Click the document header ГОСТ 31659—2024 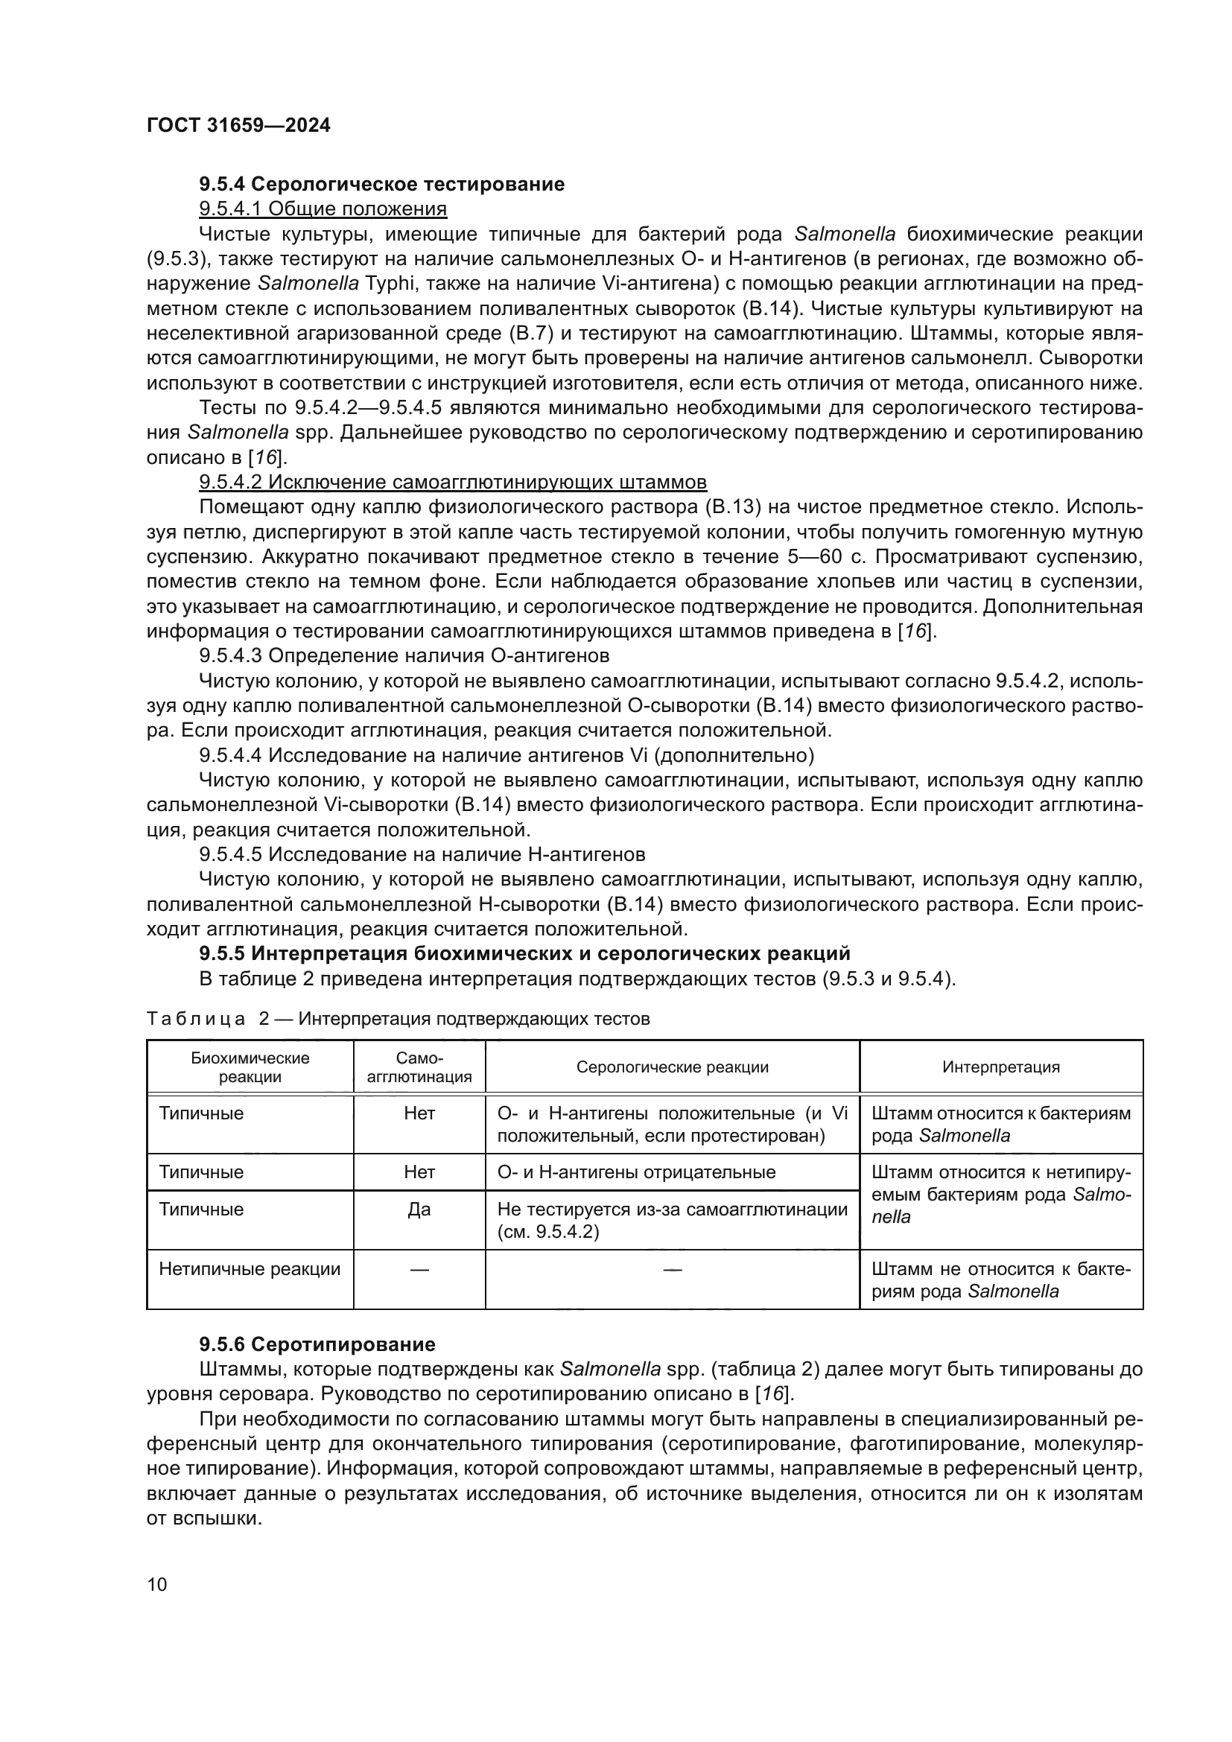238,125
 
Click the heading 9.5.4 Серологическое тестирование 381,185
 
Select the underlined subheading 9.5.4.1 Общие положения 323,209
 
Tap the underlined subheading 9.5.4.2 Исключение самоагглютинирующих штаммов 452,483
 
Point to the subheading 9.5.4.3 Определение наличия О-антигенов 404,655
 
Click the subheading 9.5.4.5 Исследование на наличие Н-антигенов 422,854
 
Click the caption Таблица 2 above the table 398,1019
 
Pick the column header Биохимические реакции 250,1067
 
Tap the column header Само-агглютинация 419,1067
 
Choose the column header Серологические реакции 672,1067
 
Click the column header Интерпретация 1000,1067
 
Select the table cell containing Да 419,1209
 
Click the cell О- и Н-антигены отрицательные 635,1172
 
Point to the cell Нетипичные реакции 250,1269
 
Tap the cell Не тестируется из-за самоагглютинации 672,1219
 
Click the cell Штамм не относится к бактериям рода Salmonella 1000,1280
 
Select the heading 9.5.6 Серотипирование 317,1344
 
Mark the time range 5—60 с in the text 822,557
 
